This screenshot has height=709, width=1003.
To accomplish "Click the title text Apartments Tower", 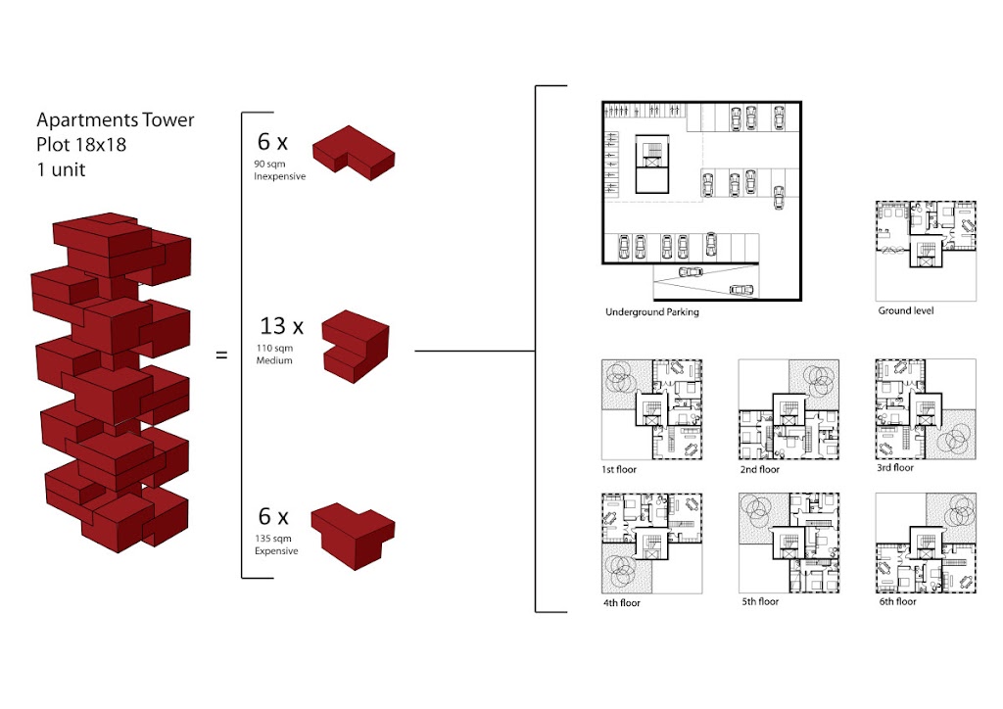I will (116, 120).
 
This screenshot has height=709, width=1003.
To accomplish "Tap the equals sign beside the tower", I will (221, 354).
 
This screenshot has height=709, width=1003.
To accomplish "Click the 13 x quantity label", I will (281, 326).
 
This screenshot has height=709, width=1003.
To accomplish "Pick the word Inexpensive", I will (279, 176).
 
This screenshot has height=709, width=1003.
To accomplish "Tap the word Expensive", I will (276, 551).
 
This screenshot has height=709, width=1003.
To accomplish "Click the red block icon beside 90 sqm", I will (353, 152).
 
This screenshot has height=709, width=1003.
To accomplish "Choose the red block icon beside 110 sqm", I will (355, 345).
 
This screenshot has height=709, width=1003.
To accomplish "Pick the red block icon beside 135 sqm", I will (353, 533).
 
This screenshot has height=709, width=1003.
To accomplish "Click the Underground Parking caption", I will (651, 312).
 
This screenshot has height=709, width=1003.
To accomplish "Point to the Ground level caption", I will (905, 311).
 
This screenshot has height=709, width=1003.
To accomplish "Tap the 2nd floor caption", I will (760, 470).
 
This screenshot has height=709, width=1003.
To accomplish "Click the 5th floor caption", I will (760, 601).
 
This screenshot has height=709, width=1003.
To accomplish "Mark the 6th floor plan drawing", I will (926, 543).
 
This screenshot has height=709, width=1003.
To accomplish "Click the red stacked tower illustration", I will (111, 382).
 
